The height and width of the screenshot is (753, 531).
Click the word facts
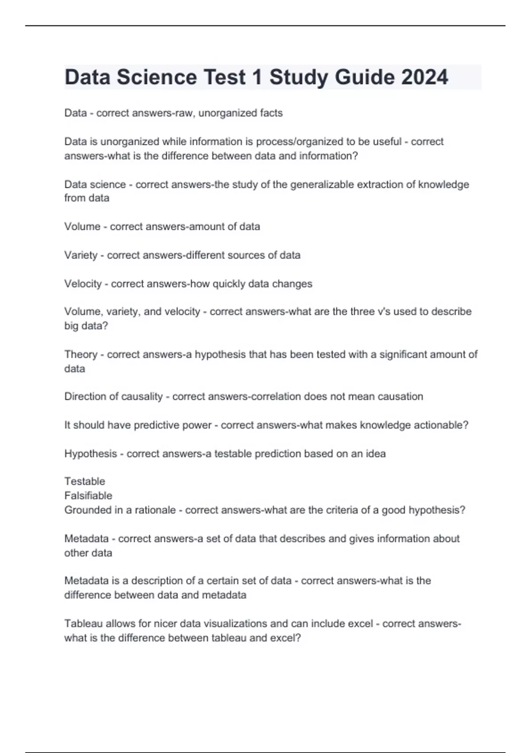click(271, 113)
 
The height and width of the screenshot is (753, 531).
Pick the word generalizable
click(322, 184)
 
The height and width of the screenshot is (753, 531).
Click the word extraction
click(380, 184)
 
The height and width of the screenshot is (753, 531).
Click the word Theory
click(81, 354)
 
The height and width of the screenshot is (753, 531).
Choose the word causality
click(142, 396)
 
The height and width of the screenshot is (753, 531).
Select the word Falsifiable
click(88, 496)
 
